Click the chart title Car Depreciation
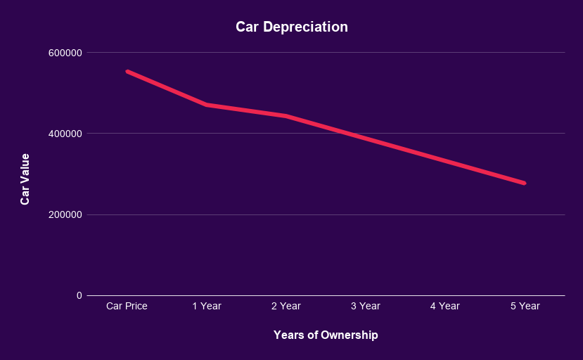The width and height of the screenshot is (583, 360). click(x=291, y=27)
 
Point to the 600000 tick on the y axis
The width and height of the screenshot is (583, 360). click(x=64, y=53)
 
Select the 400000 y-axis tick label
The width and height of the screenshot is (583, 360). click(x=64, y=134)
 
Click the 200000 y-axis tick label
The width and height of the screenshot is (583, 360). click(x=64, y=214)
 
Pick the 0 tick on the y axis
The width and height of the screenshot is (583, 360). click(x=79, y=295)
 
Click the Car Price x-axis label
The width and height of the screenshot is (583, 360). click(x=127, y=306)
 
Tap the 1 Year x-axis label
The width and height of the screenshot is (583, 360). click(x=207, y=306)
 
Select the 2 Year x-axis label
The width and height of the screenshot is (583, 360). click(x=286, y=306)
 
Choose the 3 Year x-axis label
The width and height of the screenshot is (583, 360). click(x=366, y=306)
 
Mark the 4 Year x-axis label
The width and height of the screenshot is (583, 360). click(x=445, y=306)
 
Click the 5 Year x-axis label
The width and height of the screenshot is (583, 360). click(x=525, y=306)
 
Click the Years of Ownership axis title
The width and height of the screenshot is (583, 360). click(x=326, y=335)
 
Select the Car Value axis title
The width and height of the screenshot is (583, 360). click(x=25, y=179)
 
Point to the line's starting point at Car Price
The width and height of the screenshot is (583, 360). click(x=127, y=71)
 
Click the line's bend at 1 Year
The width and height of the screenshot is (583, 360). click(x=207, y=105)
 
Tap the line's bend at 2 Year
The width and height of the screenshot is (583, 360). click(x=286, y=116)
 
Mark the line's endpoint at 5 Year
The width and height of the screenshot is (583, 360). click(x=524, y=183)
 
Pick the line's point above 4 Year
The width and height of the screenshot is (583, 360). click(x=445, y=161)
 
